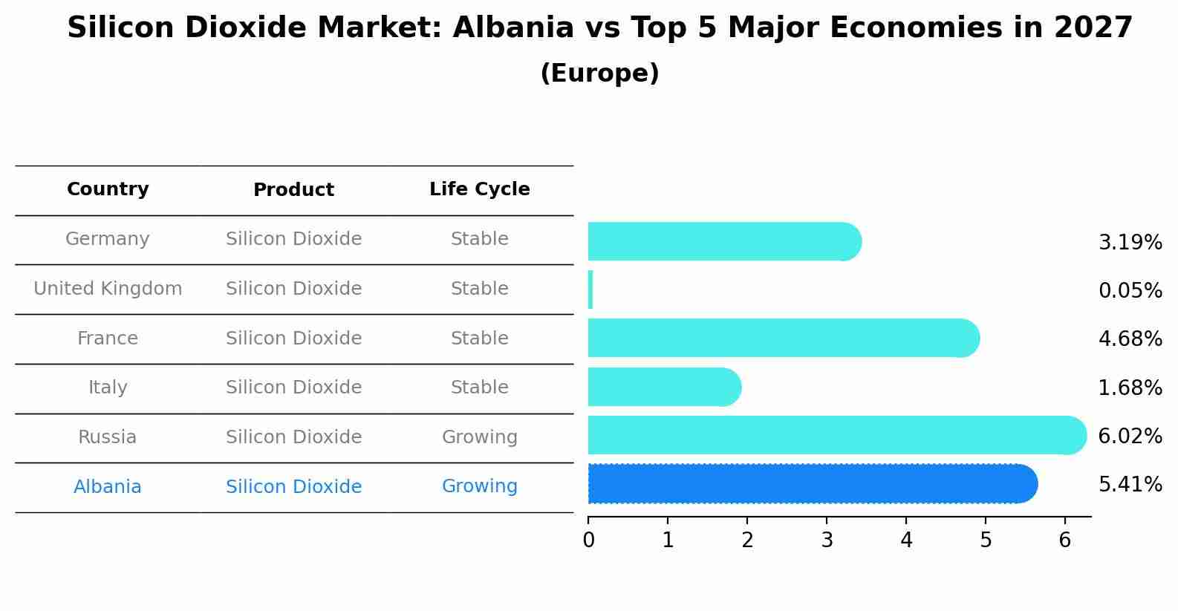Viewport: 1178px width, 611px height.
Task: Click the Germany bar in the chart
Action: click(724, 241)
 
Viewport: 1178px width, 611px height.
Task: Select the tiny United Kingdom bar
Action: click(590, 290)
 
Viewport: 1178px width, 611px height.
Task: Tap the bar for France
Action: click(784, 338)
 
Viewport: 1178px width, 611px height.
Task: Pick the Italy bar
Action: click(664, 387)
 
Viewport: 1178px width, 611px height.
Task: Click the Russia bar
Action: click(836, 435)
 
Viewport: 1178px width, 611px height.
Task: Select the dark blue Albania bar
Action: click(812, 483)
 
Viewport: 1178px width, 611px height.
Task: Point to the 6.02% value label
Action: click(1130, 436)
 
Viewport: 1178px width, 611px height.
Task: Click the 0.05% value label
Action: click(1130, 290)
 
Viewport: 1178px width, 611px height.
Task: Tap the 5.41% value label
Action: click(1130, 485)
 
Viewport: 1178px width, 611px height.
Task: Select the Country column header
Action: click(108, 189)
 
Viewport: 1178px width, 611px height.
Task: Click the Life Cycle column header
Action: click(479, 189)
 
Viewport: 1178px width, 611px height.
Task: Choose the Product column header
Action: click(293, 190)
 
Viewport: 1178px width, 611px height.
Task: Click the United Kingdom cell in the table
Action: click(108, 289)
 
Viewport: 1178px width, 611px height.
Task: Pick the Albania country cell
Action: click(108, 487)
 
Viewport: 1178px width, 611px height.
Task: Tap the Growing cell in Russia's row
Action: click(479, 437)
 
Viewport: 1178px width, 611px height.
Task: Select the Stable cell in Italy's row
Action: click(479, 388)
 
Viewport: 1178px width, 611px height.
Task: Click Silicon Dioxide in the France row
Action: click(293, 339)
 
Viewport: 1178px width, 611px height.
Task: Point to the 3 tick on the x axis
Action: click(827, 540)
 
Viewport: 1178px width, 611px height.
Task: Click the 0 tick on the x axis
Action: click(588, 540)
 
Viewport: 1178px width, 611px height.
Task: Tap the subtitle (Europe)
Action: click(599, 73)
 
